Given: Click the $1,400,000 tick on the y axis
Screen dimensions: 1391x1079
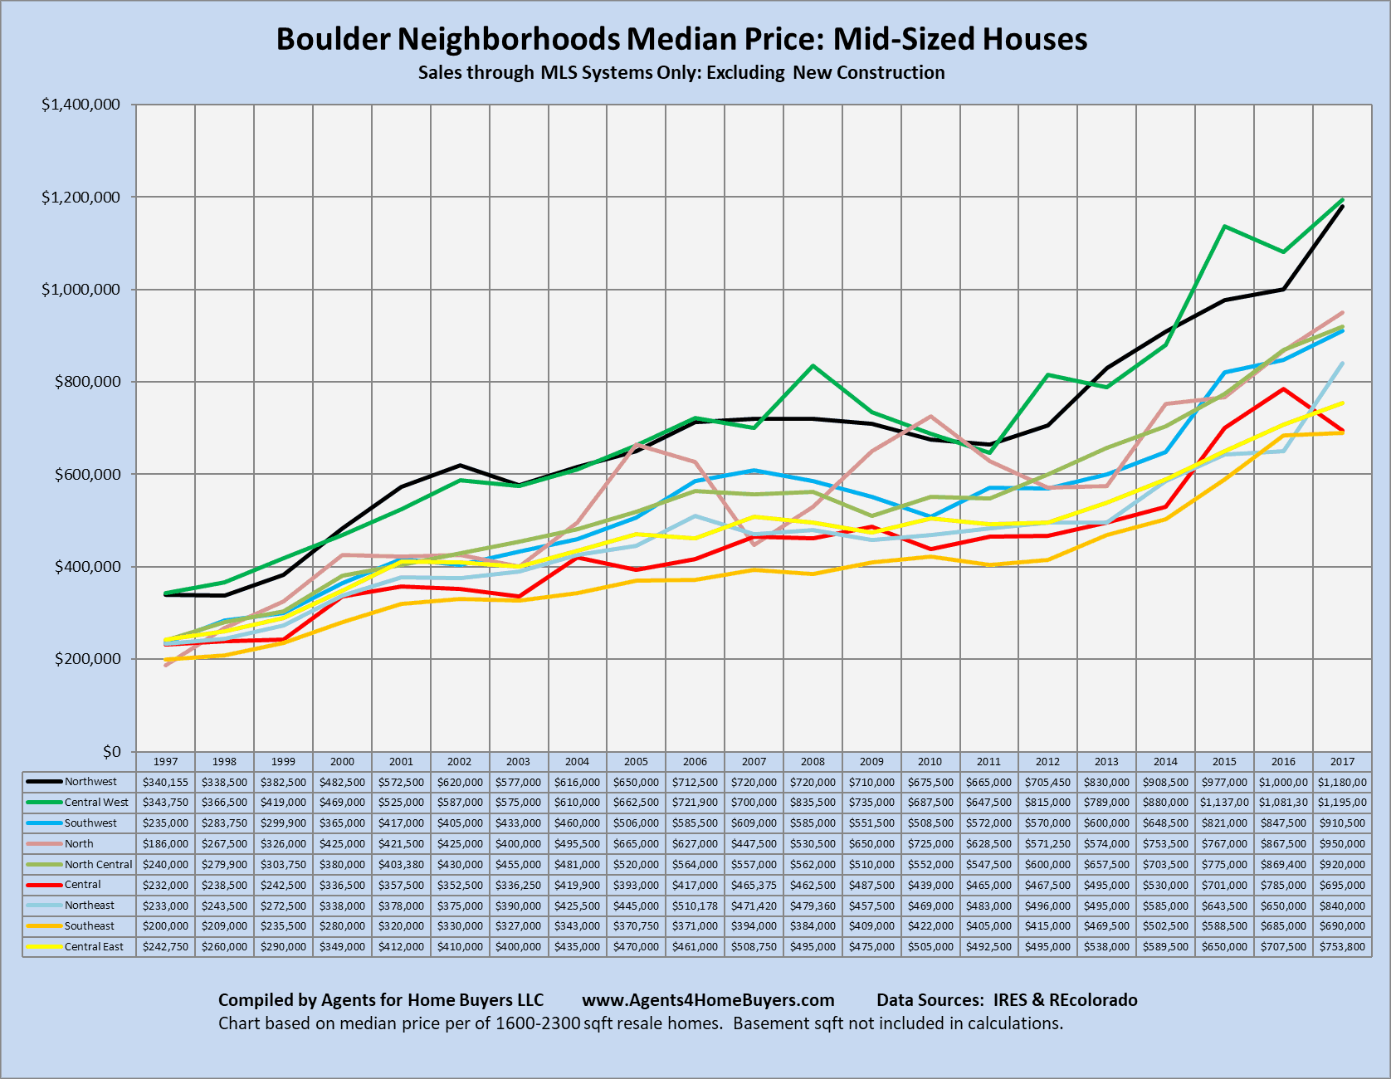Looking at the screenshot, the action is coord(81,105).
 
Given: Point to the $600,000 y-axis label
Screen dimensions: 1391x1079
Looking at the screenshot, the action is coord(87,474).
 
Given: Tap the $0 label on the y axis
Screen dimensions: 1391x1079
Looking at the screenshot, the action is coord(111,751).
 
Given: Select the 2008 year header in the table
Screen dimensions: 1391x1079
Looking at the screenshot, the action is coord(813,761).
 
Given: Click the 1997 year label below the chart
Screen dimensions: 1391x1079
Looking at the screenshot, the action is coord(165,761).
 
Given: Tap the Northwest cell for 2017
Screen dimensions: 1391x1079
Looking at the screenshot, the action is coord(1342,782).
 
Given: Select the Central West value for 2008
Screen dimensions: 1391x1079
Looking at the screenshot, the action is coord(813,803).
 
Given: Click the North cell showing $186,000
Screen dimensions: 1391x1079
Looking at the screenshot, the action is coord(165,843).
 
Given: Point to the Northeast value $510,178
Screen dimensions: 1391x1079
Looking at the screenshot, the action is coord(695,906).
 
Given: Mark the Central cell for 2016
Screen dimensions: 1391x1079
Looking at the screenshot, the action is coord(1283,885).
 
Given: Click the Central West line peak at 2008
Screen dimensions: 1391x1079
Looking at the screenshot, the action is coord(813,365).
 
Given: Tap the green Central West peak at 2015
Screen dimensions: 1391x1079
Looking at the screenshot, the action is coord(1224,226).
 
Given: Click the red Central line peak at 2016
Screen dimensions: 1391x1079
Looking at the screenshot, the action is coord(1283,388).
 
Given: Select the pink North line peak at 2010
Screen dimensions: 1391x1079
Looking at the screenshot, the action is coord(930,416).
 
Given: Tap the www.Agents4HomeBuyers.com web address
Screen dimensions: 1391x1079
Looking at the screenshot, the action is coord(708,1000).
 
